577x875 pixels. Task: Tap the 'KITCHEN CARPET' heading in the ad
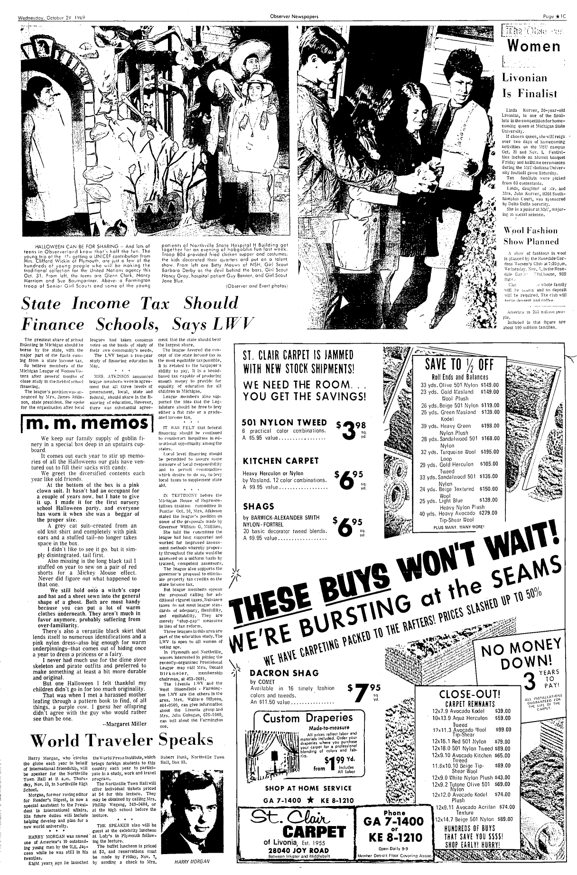coord(273,461)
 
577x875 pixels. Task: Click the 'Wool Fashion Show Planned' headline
coord(530,236)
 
